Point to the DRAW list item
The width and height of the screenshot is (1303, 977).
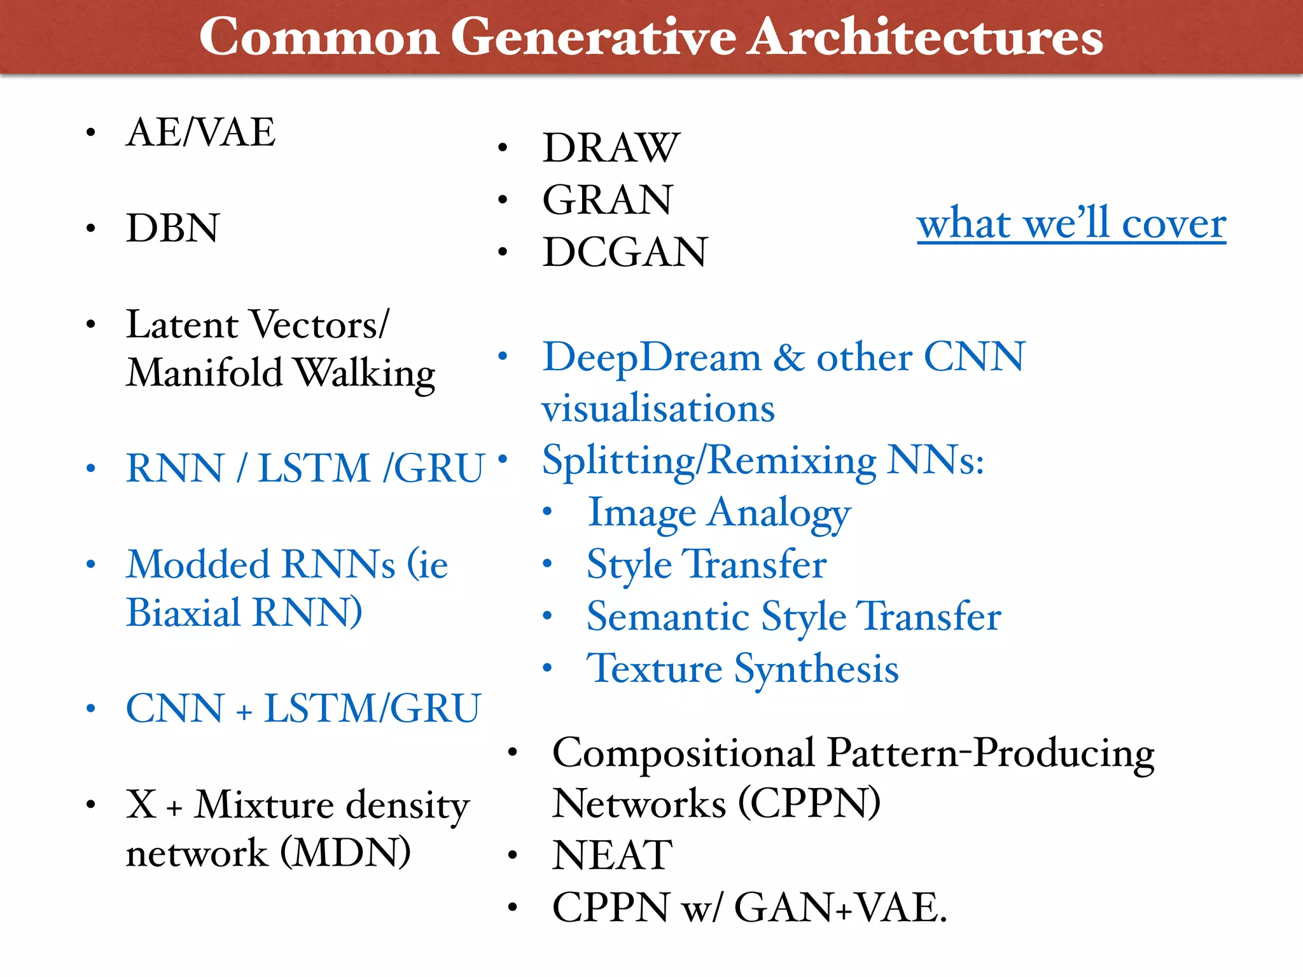(611, 148)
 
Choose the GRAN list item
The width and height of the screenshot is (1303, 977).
(607, 200)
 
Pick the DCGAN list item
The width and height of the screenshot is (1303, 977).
(625, 252)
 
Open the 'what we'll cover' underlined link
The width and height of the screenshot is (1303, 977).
(1071, 224)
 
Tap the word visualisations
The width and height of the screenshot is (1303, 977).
(658, 408)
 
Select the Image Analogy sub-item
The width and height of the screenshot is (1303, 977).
(719, 513)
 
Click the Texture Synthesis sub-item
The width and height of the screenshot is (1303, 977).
(742, 669)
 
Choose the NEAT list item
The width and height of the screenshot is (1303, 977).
(612, 855)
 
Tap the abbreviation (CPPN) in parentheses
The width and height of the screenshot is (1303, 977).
(809, 803)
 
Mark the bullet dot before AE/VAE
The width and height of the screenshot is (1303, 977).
(91, 132)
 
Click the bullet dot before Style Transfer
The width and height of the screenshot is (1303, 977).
(547, 564)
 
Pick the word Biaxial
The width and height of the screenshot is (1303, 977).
(183, 613)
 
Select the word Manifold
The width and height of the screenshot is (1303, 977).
(204, 373)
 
